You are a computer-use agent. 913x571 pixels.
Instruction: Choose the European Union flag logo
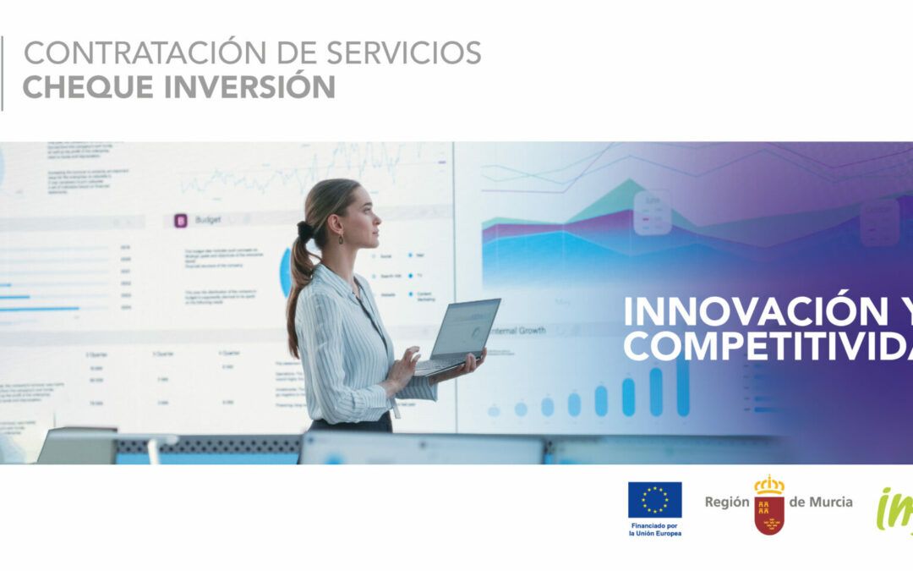click(x=654, y=499)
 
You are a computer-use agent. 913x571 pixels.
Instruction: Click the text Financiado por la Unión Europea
click(x=654, y=530)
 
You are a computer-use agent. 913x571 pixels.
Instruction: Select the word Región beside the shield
click(x=727, y=502)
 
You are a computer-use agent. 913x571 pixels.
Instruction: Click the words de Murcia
click(x=821, y=502)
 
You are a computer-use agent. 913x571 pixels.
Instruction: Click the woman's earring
click(x=341, y=239)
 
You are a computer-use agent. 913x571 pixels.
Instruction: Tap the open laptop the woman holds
click(x=462, y=334)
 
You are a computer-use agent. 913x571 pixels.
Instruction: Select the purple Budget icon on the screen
click(x=180, y=221)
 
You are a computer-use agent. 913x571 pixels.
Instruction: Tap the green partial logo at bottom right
click(x=894, y=511)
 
